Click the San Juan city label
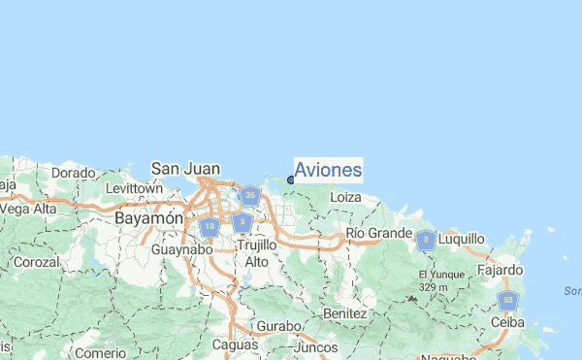pos(184,168)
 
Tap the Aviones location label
pos(328,171)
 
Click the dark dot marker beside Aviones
pos(291,180)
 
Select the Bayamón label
pos(148,219)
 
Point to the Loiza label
pos(346,197)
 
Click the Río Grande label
pos(379,234)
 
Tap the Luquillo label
pos(462,238)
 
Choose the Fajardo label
pos(501,269)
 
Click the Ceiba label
pos(508,322)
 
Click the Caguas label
pos(237,344)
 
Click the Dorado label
pos(73,173)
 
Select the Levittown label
pos(133,187)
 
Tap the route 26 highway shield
pos(250,196)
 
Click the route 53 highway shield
pos(508,301)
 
